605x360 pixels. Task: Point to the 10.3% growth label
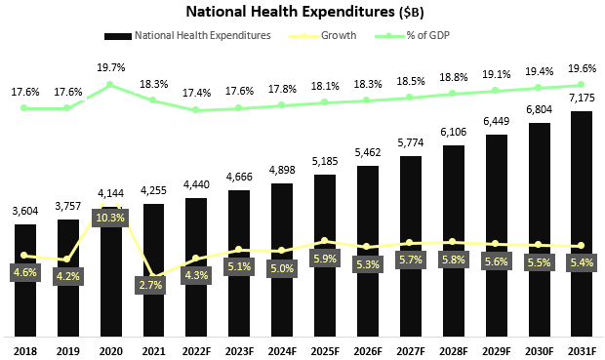[110, 217]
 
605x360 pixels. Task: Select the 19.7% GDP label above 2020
[110, 67]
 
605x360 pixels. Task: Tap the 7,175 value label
[582, 100]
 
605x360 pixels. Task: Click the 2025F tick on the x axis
[325, 349]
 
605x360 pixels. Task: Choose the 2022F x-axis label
[196, 349]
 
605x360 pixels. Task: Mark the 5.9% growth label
[325, 259]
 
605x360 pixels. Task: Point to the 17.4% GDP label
[196, 93]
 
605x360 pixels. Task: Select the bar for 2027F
[411, 245]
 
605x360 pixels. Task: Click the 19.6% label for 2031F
[582, 67]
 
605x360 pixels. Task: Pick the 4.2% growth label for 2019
[67, 276]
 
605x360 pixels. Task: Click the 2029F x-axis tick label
[497, 349]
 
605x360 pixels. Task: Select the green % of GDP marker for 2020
[110, 85]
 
